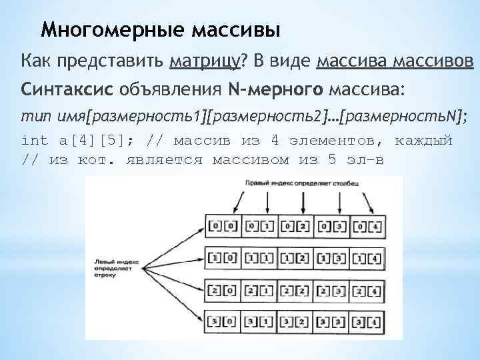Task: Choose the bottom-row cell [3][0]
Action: (x=223, y=322)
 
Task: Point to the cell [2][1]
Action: (x=259, y=291)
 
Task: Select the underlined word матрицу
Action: (x=205, y=62)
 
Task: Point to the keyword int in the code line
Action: (x=35, y=141)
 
